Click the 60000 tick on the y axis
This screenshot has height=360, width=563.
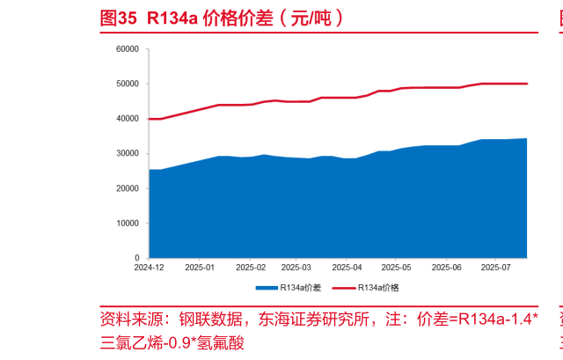128,49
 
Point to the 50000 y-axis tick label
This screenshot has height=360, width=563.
128,84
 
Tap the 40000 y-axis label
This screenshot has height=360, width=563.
128,119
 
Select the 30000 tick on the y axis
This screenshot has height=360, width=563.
128,153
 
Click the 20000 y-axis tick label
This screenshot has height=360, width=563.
128,188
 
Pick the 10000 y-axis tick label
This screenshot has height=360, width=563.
128,223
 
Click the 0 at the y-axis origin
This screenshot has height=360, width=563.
138,257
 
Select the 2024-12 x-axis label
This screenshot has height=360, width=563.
150,267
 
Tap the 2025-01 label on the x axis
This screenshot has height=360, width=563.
200,267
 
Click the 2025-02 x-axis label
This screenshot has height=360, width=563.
250,267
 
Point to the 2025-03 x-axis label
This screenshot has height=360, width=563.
296,267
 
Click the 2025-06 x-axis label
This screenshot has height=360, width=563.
445,267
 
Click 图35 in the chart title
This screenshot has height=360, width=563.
119,18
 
